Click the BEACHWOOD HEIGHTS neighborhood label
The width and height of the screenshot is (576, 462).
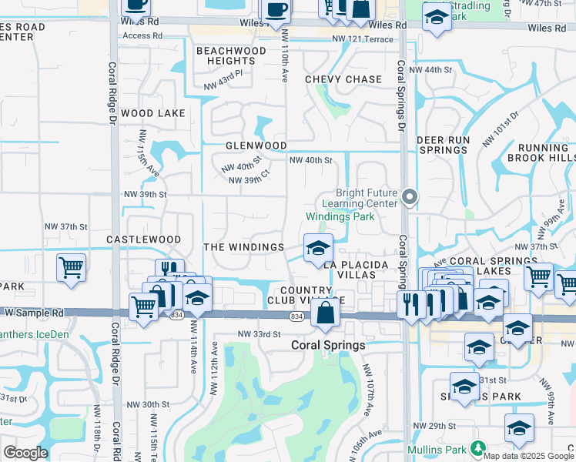226,55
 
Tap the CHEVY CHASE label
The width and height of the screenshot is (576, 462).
343,79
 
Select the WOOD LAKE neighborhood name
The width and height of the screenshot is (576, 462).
153,113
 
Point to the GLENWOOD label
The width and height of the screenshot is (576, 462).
256,146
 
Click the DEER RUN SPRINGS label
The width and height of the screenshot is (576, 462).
443,146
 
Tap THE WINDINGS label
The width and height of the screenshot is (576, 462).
244,247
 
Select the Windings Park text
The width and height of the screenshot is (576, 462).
340,217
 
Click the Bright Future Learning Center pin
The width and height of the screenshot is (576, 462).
410,198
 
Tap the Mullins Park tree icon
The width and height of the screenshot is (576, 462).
478,447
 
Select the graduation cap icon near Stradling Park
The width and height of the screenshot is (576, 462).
437,18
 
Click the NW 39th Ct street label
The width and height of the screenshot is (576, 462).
249,181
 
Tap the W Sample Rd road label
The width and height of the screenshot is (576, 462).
35,313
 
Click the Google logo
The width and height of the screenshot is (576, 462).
25,453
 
